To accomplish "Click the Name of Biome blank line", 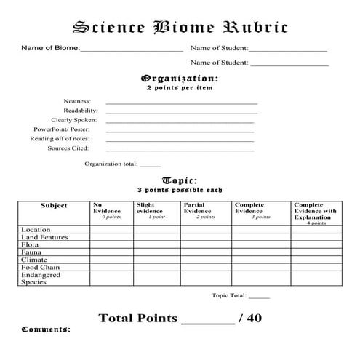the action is coord(131,50).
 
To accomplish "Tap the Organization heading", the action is coord(180,78).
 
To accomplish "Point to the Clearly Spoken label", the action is coord(73,120).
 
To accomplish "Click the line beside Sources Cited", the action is coord(181,149).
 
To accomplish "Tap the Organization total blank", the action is coord(150,165).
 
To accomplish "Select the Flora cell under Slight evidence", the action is coord(156,245).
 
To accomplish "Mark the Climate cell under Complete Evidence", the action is coord(261,260).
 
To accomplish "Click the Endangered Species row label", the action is coord(41,279).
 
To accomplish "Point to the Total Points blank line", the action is coord(207,321).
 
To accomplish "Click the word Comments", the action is coord(46,329).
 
